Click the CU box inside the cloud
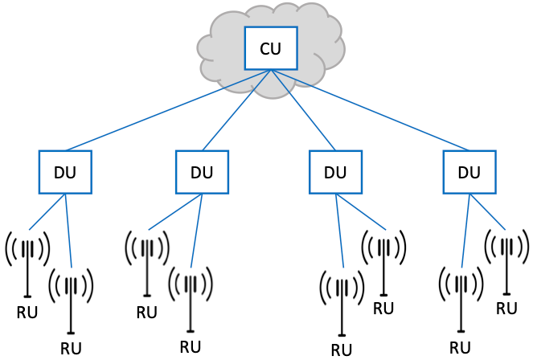pyautogui.click(x=271, y=48)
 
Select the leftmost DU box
pyautogui.click(x=66, y=172)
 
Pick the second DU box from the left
pyautogui.click(x=202, y=172)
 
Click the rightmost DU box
pyautogui.click(x=469, y=172)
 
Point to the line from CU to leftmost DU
pyautogui.click(x=169, y=109)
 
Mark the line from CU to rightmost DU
pyautogui.click(x=370, y=109)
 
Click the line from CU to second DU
pyautogui.click(x=237, y=109)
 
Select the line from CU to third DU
pyautogui.click(x=302, y=109)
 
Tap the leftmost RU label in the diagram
pyautogui.click(x=27, y=313)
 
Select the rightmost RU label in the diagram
pyautogui.click(x=506, y=308)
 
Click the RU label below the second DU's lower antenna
pyautogui.click(x=190, y=347)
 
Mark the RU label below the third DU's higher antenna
pyautogui.click(x=384, y=308)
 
